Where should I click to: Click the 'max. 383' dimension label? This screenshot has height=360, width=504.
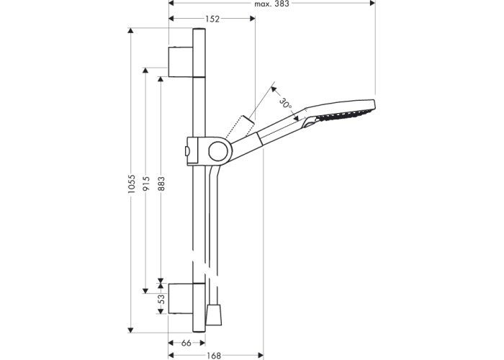point(271,4)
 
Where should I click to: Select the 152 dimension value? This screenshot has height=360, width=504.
point(212,19)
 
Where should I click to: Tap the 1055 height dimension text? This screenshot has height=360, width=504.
point(131,184)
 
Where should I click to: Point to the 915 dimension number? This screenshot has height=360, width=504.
point(146,184)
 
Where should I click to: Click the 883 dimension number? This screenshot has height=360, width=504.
point(161,184)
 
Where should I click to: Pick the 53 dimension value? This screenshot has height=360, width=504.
point(162,299)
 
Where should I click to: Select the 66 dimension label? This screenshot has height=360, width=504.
point(186,343)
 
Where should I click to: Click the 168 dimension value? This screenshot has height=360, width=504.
point(214,356)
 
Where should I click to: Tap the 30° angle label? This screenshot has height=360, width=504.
point(285,104)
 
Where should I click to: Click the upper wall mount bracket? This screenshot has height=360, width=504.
point(181,62)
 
